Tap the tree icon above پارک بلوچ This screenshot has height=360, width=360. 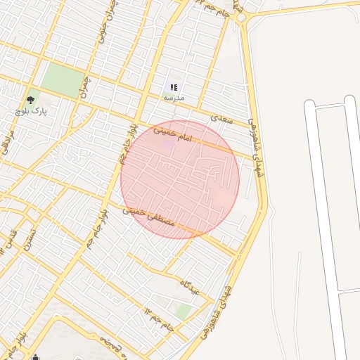[x=30, y=100]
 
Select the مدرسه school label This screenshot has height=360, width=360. [x=174, y=98]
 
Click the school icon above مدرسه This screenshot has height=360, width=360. [x=174, y=87]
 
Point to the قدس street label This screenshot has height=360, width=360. [x=11, y=239]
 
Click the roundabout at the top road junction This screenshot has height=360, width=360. [x=241, y=17]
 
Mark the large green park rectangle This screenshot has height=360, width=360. [x=62, y=80]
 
